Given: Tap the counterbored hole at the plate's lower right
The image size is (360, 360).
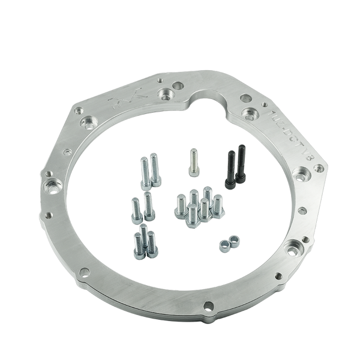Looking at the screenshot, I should pos(294,245).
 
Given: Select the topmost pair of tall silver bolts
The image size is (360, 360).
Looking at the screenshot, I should pos(149,170).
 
